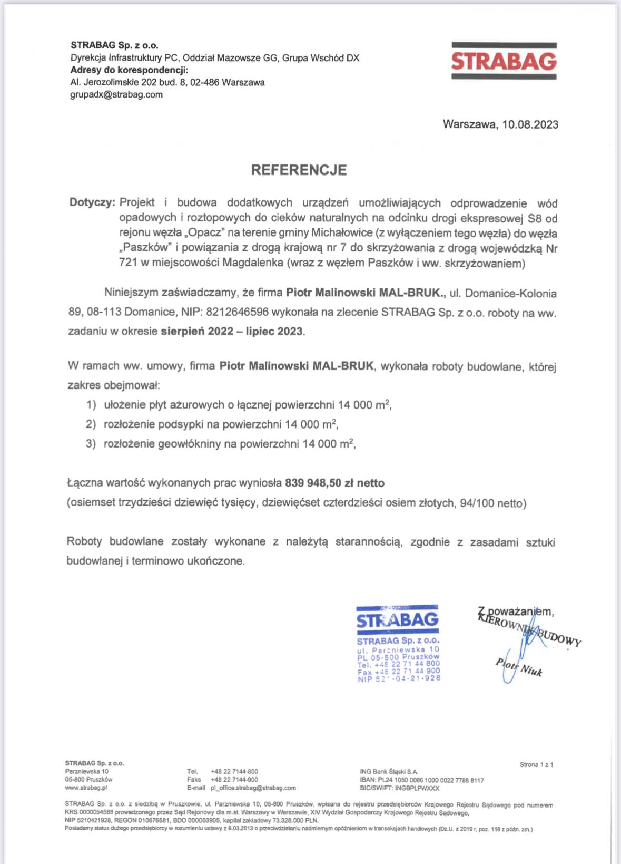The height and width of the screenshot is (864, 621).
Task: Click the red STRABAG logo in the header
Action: tap(504, 62)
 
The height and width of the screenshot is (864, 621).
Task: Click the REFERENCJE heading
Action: tap(299, 170)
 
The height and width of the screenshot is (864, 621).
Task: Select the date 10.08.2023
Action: tap(530, 124)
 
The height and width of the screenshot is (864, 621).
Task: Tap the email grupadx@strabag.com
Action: tap(116, 95)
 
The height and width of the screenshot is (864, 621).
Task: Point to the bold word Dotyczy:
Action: tap(92, 202)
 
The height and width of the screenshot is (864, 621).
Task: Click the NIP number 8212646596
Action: tap(238, 312)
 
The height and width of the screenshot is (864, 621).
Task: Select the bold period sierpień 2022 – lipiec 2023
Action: tap(232, 332)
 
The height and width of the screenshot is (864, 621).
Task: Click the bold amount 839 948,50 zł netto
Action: tap(334, 483)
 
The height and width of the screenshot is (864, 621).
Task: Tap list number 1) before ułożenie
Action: tap(92, 405)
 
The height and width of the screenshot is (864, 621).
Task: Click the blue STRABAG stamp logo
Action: tap(398, 620)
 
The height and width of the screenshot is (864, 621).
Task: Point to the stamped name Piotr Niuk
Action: tap(519, 667)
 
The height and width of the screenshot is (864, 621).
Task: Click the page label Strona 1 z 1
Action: tap(536, 764)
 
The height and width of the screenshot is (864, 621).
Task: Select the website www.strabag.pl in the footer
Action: tap(86, 788)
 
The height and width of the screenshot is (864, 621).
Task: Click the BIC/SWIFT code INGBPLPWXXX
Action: tap(417, 788)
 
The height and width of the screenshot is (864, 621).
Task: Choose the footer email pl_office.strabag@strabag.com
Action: tap(253, 788)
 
